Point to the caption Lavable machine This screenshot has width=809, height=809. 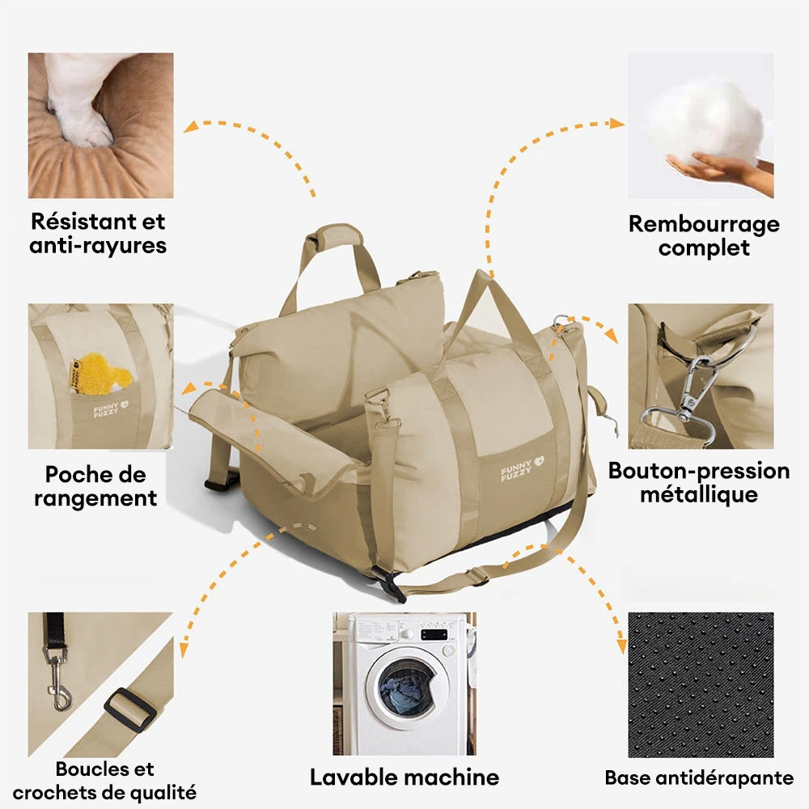(x=404, y=778)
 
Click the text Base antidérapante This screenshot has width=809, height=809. (x=699, y=778)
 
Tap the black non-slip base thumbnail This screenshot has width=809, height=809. (x=701, y=684)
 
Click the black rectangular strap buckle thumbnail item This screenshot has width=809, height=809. (x=130, y=709)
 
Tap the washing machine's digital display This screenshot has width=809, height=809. (x=434, y=634)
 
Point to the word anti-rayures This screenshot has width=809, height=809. (x=98, y=245)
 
